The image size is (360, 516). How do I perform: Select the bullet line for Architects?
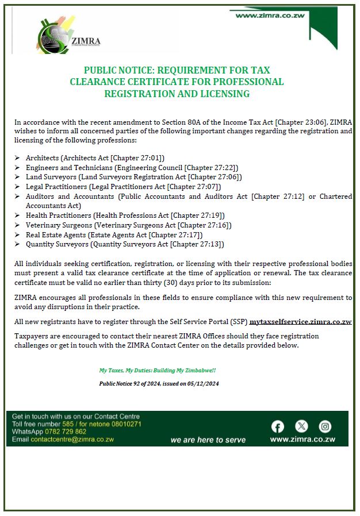(x=95, y=157)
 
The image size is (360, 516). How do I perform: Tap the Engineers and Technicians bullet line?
(x=132, y=167)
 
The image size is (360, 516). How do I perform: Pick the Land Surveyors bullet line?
(x=133, y=177)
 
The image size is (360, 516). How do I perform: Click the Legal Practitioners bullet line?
(x=123, y=187)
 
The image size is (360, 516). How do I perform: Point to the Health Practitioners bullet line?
(x=125, y=215)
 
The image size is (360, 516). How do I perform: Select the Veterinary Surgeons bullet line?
(x=128, y=225)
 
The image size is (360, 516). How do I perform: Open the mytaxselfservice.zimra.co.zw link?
(x=300, y=322)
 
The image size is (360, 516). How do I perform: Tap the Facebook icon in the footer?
(x=278, y=426)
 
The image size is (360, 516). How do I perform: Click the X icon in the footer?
(x=301, y=426)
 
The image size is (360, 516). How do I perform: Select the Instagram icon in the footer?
(x=325, y=426)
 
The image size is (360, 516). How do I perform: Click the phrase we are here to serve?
(x=208, y=440)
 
